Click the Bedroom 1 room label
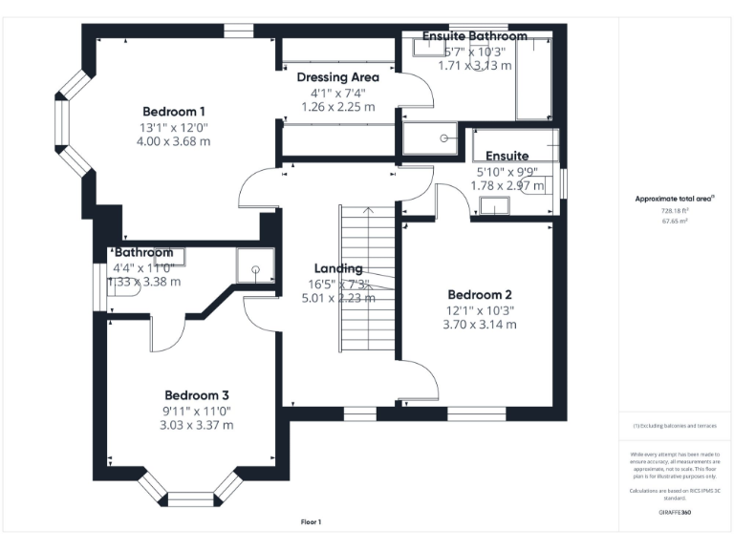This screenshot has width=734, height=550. [174, 110]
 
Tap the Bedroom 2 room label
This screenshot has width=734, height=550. [480, 294]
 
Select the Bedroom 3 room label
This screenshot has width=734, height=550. [196, 395]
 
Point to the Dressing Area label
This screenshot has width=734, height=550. [337, 77]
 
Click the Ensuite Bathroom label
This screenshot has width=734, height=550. [475, 36]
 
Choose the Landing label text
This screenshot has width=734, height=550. [338, 268]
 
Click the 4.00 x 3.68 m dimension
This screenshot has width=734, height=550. [174, 141]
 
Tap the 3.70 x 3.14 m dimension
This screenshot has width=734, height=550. [480, 325]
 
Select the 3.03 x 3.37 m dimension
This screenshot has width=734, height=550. [196, 426]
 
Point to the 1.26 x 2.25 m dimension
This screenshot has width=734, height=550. [337, 107]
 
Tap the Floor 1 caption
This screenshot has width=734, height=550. [311, 522]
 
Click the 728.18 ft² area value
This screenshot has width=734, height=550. [675, 210]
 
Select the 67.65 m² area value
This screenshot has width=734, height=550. [675, 220]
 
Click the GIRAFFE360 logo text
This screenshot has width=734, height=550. [675, 513]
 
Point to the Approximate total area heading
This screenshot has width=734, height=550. [675, 199]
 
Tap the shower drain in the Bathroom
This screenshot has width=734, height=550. [256, 269]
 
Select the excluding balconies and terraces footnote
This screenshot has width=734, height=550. [675, 426]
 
